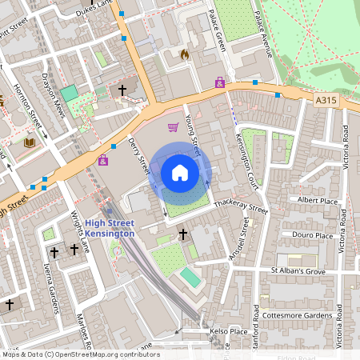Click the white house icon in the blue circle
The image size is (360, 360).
click(180, 172)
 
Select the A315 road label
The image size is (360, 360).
click(326, 100)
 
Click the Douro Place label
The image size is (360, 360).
click(313, 235)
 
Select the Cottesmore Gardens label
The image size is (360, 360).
click(297, 315)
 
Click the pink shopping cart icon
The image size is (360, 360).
click(173, 126)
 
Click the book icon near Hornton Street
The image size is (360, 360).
click(29, 142)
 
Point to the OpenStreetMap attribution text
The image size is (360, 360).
click(80, 354)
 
